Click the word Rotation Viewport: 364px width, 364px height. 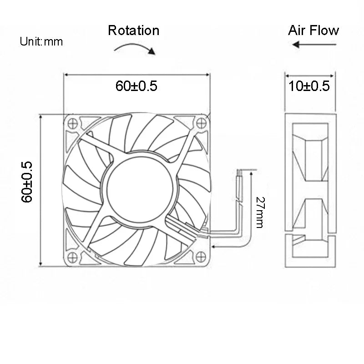pyautogui.click(x=133, y=30)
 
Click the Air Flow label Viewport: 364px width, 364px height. pyautogui.click(x=313, y=30)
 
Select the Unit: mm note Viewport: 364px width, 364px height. pyautogui.click(x=41, y=42)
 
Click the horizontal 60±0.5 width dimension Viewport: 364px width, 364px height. pyautogui.click(x=136, y=86)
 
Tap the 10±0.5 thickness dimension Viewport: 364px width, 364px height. pyautogui.click(x=309, y=86)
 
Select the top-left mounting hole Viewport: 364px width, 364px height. pyautogui.click(x=71, y=121)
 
